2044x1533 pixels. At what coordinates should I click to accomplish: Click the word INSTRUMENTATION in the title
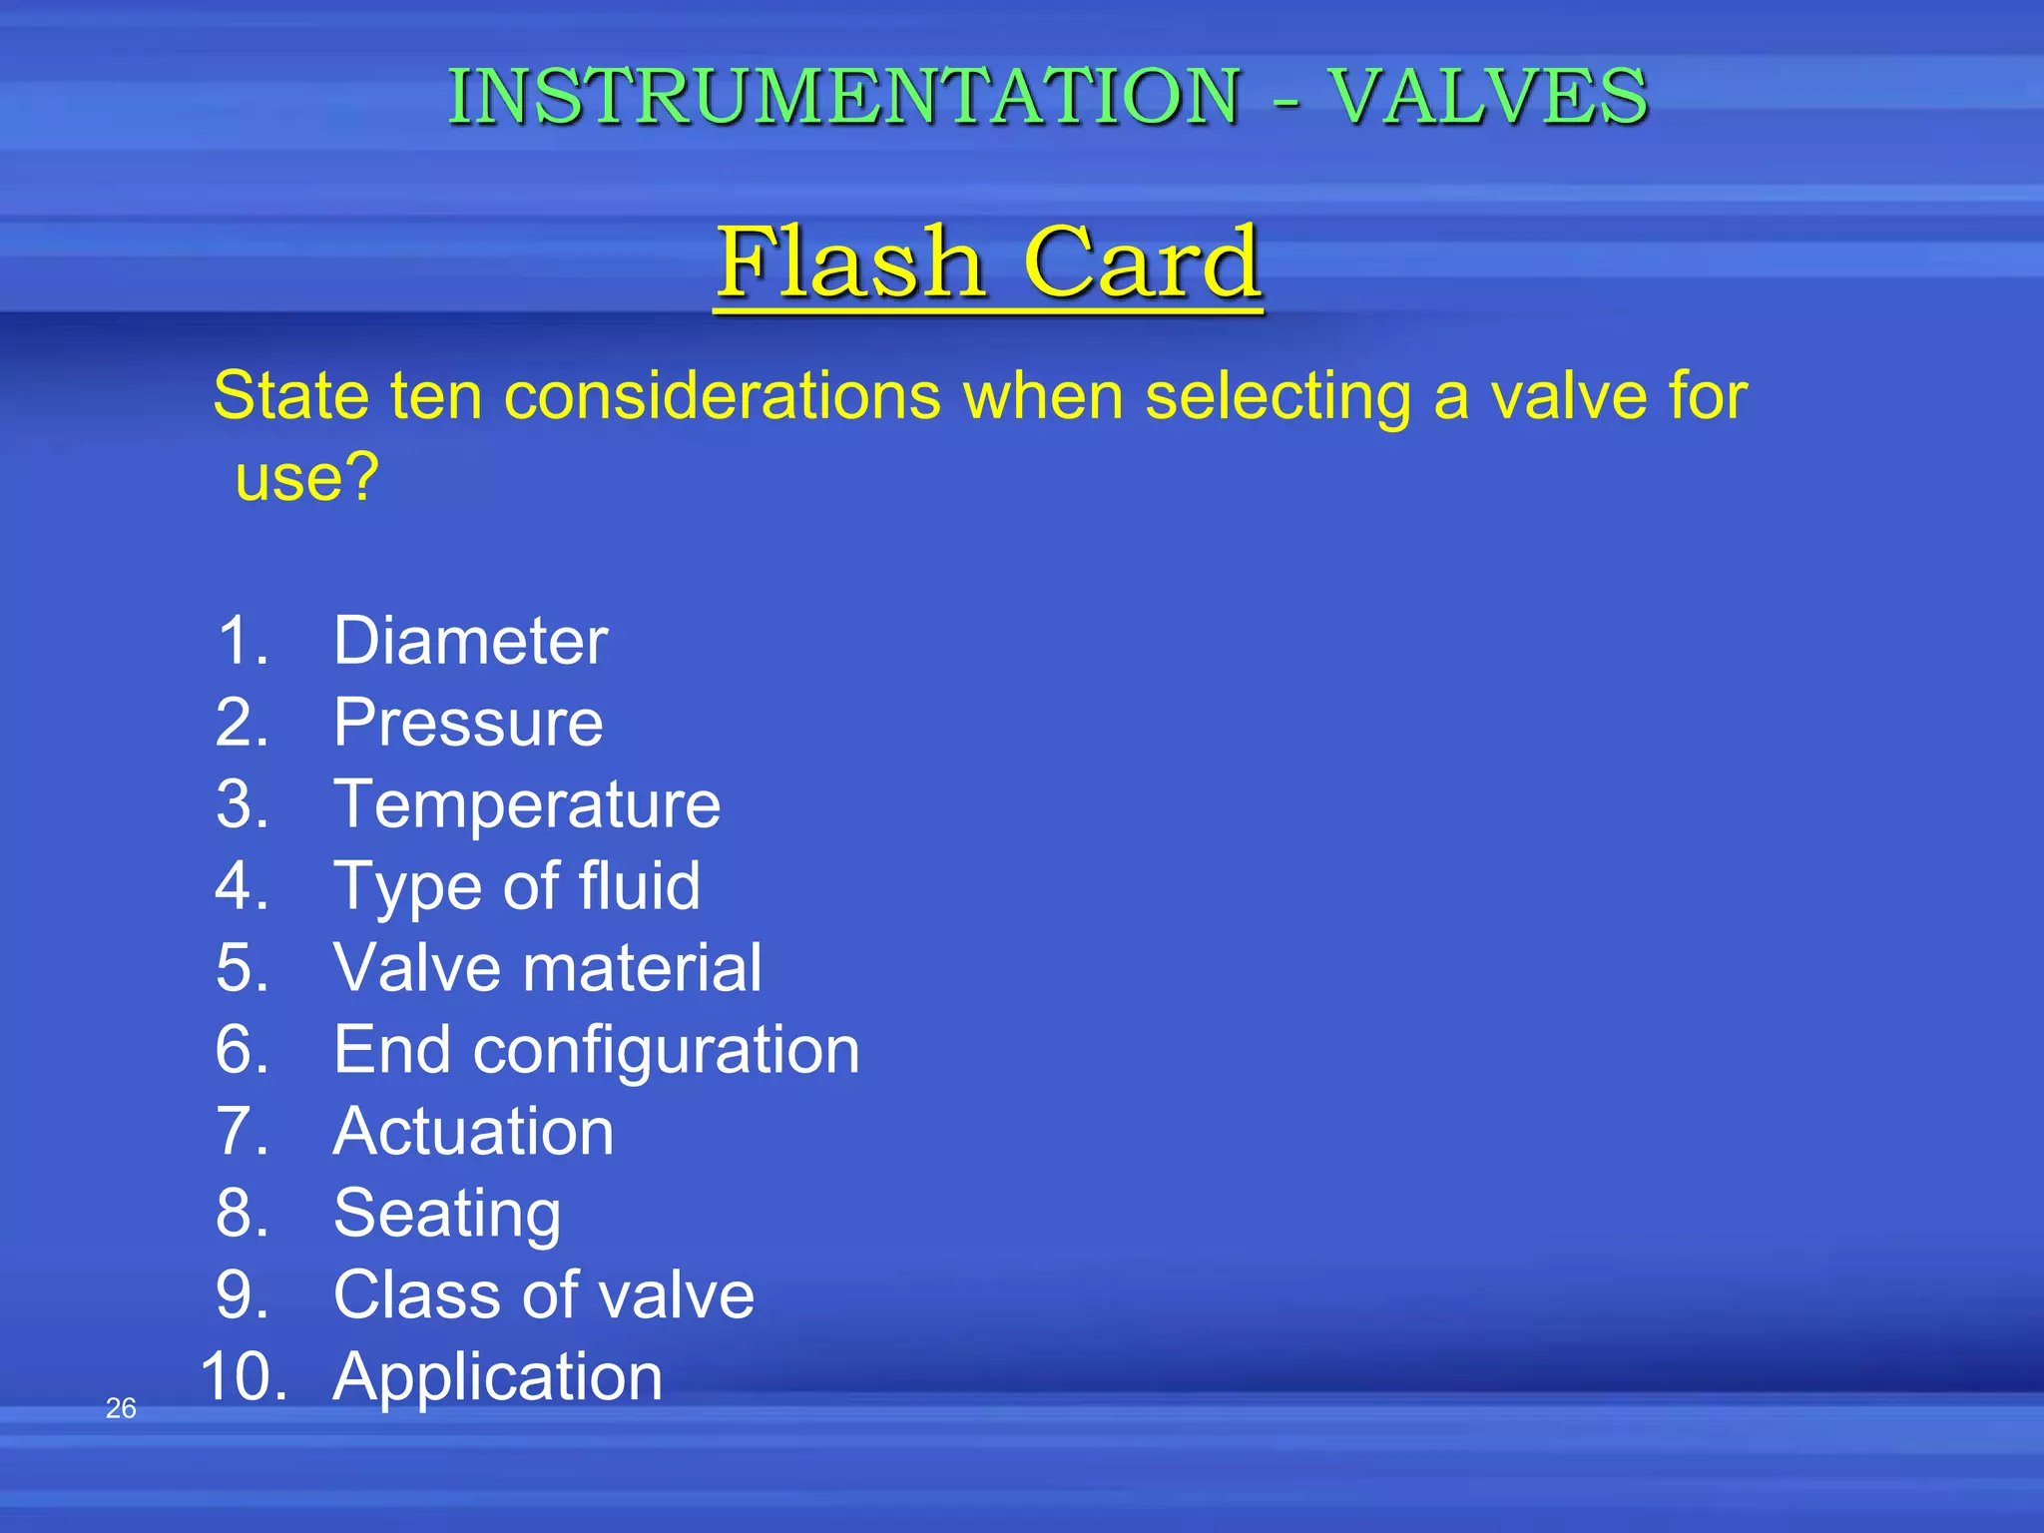pyautogui.click(x=843, y=97)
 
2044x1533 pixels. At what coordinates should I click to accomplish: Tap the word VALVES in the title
pyautogui.click(x=1488, y=97)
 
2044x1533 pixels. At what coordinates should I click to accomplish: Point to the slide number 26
pyautogui.click(x=121, y=1408)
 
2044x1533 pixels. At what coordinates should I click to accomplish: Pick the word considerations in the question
pyautogui.click(x=723, y=395)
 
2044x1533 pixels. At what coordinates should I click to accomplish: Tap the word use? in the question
pyautogui.click(x=307, y=477)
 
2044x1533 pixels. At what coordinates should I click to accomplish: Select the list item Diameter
pyautogui.click(x=470, y=641)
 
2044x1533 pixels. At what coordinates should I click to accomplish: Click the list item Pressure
pyautogui.click(x=468, y=723)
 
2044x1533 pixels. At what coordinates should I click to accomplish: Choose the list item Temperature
pyautogui.click(x=526, y=804)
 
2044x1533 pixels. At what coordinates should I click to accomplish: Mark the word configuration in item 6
pyautogui.click(x=666, y=1050)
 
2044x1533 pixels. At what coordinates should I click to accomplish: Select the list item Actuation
pyautogui.click(x=473, y=1132)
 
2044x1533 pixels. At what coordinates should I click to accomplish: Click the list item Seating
pyautogui.click(x=447, y=1214)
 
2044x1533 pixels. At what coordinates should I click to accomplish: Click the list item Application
pyautogui.click(x=497, y=1377)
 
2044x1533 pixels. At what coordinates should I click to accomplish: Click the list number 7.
pyautogui.click(x=243, y=1132)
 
